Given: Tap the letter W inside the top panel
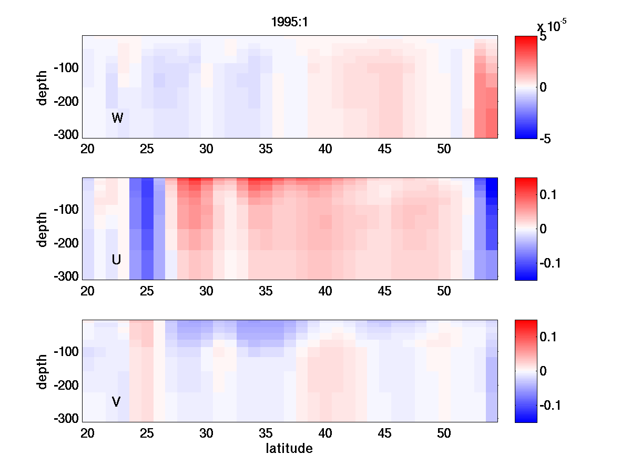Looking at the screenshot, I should (x=117, y=118).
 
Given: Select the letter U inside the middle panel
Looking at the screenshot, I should (x=117, y=260).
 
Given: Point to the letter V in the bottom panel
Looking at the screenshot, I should (x=116, y=402).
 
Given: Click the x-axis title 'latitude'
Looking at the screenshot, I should (x=289, y=449).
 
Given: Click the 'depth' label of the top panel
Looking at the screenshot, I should (x=43, y=87).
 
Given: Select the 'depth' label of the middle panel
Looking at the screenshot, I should (x=43, y=229).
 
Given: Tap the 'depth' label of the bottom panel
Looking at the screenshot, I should (x=43, y=371).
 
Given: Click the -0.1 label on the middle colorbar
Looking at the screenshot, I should (x=552, y=263).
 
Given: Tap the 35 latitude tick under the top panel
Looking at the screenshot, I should (x=266, y=149).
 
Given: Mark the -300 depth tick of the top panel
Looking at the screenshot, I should (x=66, y=135).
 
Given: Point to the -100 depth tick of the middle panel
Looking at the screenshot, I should (x=66, y=210).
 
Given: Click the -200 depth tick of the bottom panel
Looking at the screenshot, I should (x=66, y=386).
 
